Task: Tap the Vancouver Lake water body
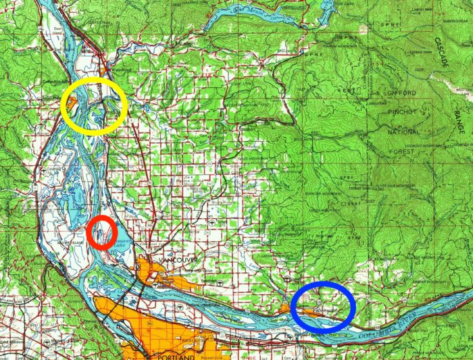pos(122,240)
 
